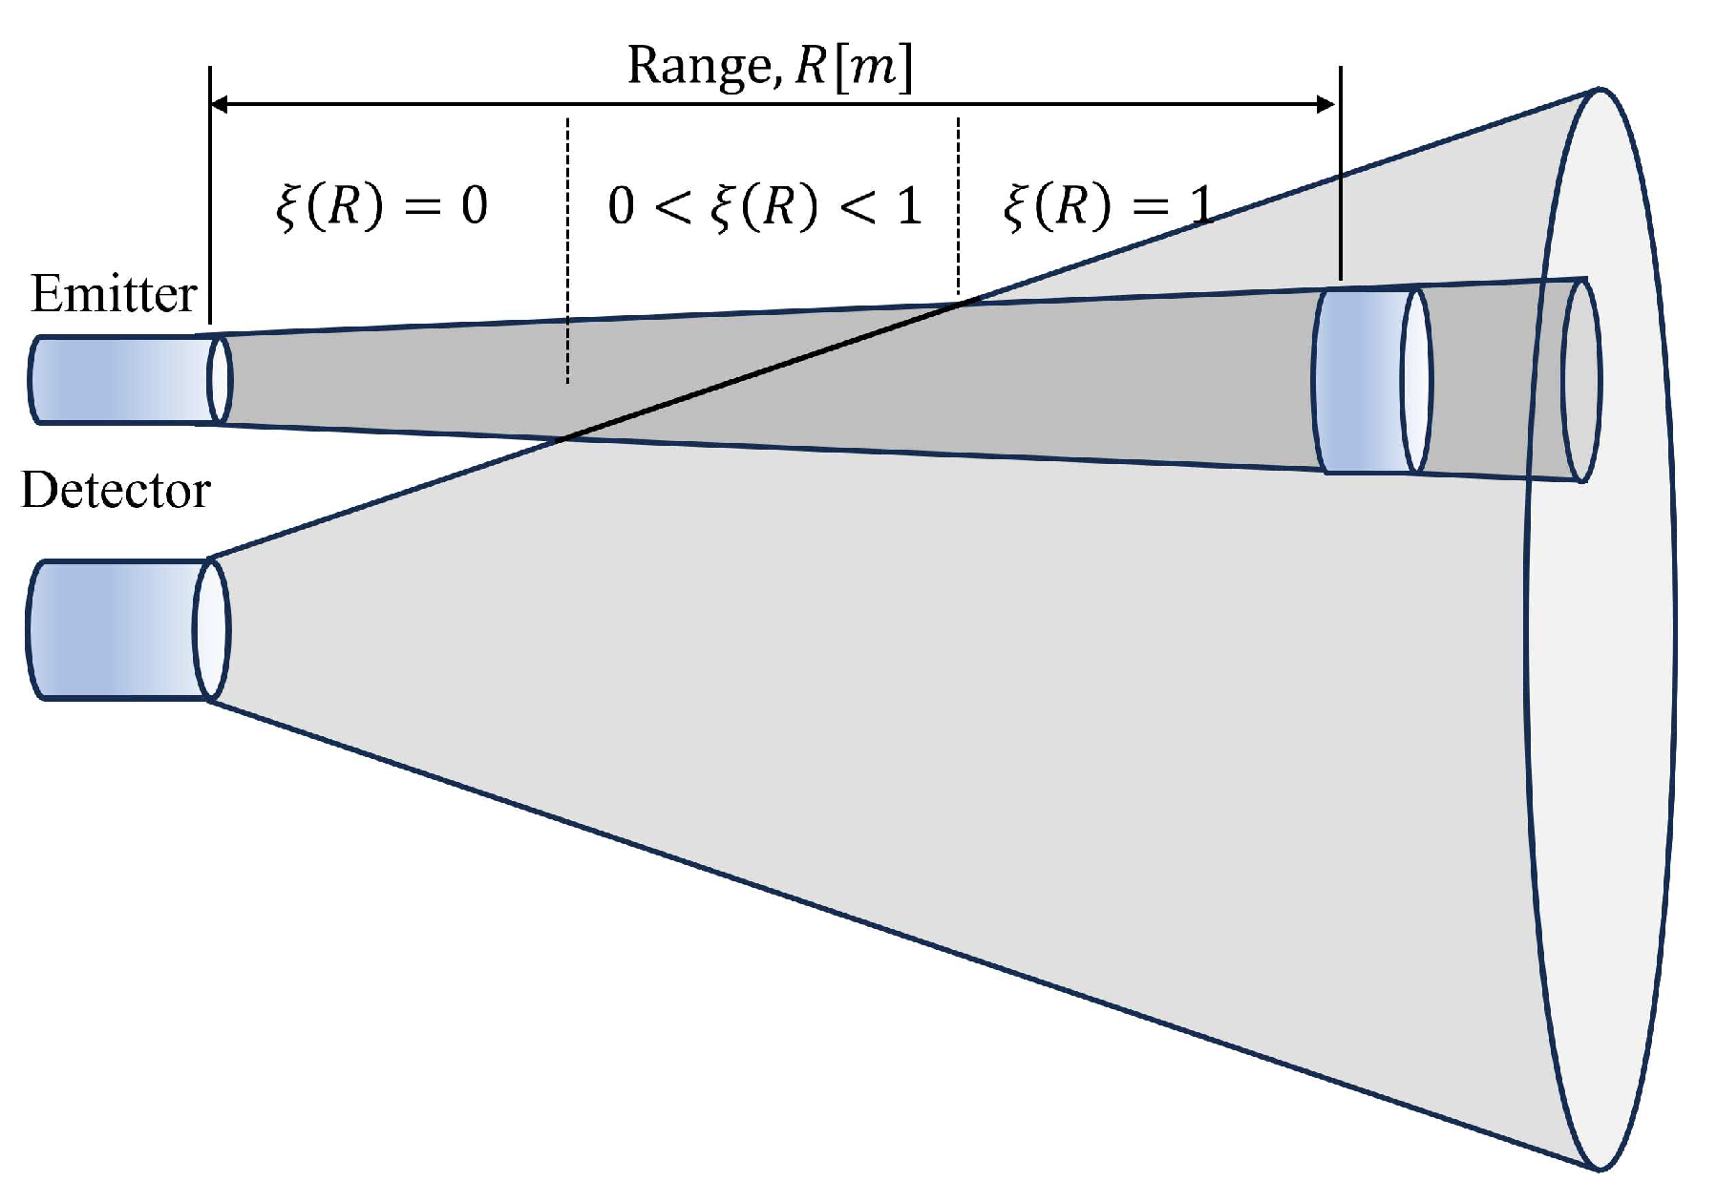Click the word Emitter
click(x=114, y=294)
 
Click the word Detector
click(x=116, y=491)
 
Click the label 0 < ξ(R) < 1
click(x=764, y=206)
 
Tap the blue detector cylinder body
click(x=110, y=630)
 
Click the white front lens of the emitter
click(x=220, y=379)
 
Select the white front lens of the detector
click(x=211, y=630)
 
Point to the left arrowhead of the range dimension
click(x=219, y=104)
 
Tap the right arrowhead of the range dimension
click(x=1326, y=104)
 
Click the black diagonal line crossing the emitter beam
click(x=764, y=370)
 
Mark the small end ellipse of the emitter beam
click(x=1581, y=380)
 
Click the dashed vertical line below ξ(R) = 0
click(x=568, y=248)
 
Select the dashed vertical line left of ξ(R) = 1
click(x=958, y=205)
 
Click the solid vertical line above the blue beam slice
click(x=1341, y=172)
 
